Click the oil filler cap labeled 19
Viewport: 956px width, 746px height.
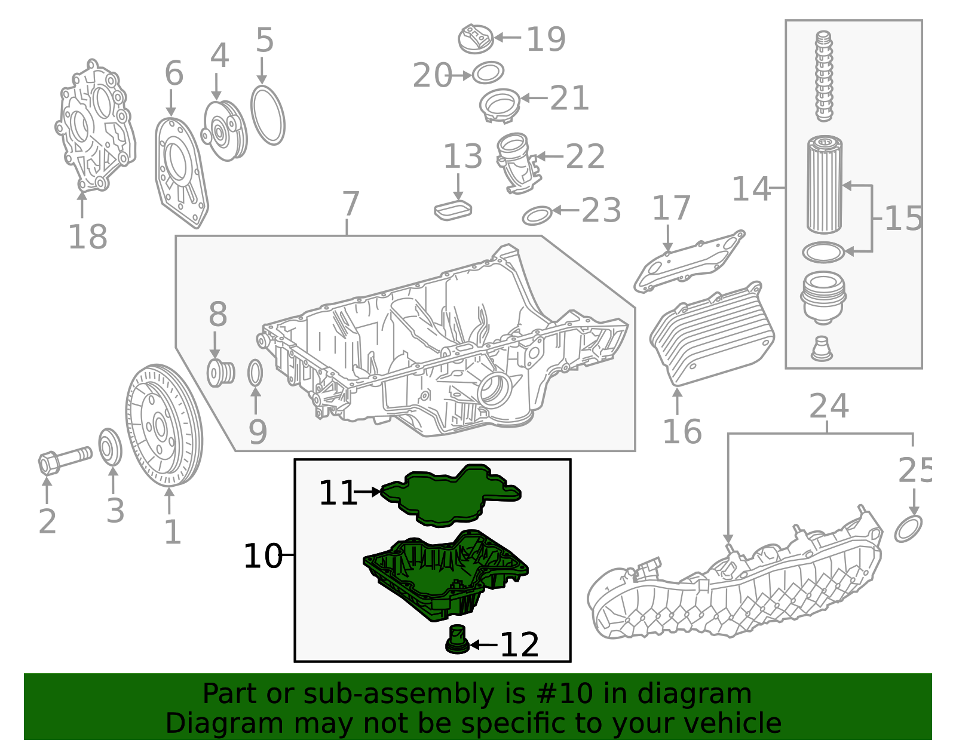(x=476, y=39)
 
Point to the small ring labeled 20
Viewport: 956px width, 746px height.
(x=488, y=73)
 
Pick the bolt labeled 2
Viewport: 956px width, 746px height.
(x=63, y=460)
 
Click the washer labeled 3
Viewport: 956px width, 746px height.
(x=110, y=447)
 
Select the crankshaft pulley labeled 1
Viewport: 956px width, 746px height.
(x=164, y=425)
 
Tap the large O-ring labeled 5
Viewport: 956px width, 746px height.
(x=268, y=115)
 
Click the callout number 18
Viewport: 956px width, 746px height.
(x=87, y=237)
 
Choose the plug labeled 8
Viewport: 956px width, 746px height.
(x=220, y=373)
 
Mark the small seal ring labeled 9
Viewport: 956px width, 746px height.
(x=255, y=373)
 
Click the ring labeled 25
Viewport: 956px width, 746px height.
(x=908, y=529)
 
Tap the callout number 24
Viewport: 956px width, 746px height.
(x=829, y=407)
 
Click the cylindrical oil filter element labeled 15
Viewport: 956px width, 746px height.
(x=825, y=185)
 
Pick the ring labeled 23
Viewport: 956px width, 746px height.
(x=537, y=215)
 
